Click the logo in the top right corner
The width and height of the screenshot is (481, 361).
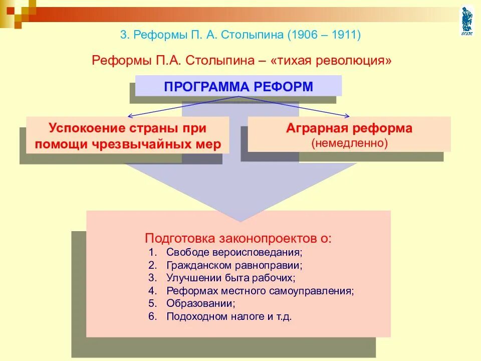click(466, 21)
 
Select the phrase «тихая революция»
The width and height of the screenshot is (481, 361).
click(331, 61)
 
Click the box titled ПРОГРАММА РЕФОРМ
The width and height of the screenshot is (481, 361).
click(238, 86)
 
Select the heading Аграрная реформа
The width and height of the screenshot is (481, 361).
click(349, 128)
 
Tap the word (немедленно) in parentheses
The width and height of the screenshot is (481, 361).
click(349, 142)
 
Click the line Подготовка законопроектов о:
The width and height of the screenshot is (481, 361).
click(238, 238)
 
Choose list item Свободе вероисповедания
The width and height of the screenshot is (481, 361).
click(234, 251)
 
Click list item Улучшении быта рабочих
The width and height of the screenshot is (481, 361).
click(230, 277)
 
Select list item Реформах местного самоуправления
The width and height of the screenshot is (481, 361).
click(260, 290)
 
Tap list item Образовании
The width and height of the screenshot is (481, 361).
click(200, 303)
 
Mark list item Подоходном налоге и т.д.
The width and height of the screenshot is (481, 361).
click(228, 316)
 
